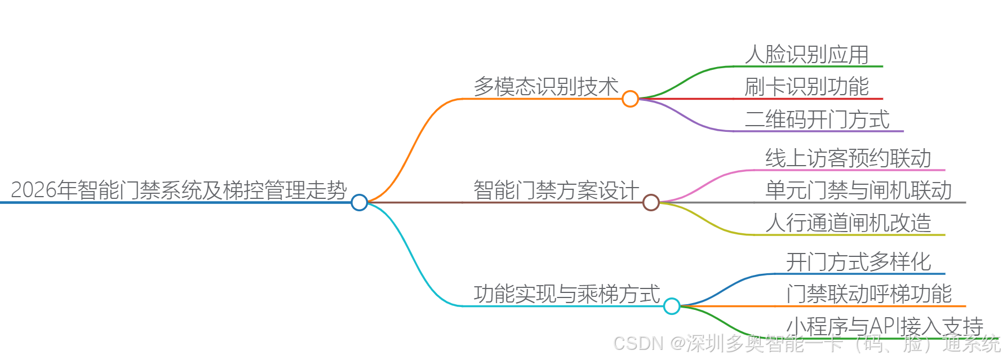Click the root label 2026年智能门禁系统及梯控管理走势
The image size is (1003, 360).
click(179, 190)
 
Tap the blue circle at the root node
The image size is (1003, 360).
click(359, 202)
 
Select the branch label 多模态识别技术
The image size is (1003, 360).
click(546, 87)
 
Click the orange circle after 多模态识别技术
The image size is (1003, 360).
click(630, 99)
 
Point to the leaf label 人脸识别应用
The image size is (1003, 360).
click(806, 55)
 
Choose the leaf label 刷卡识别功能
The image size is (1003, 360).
click(806, 87)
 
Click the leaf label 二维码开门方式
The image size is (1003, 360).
click(817, 119)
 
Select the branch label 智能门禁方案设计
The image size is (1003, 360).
click(556, 190)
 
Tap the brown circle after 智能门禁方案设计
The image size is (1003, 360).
click(651, 202)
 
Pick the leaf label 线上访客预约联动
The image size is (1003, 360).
click(848, 158)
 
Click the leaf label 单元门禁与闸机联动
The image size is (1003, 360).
click(858, 190)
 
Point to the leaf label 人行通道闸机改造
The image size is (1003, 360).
click(848, 223)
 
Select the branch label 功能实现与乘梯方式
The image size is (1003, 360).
click(566, 294)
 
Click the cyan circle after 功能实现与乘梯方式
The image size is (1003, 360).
click(672, 306)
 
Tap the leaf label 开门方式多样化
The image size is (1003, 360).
click(858, 262)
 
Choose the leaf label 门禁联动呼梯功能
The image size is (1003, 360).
click(869, 294)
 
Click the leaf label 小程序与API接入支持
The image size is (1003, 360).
click(884, 326)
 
